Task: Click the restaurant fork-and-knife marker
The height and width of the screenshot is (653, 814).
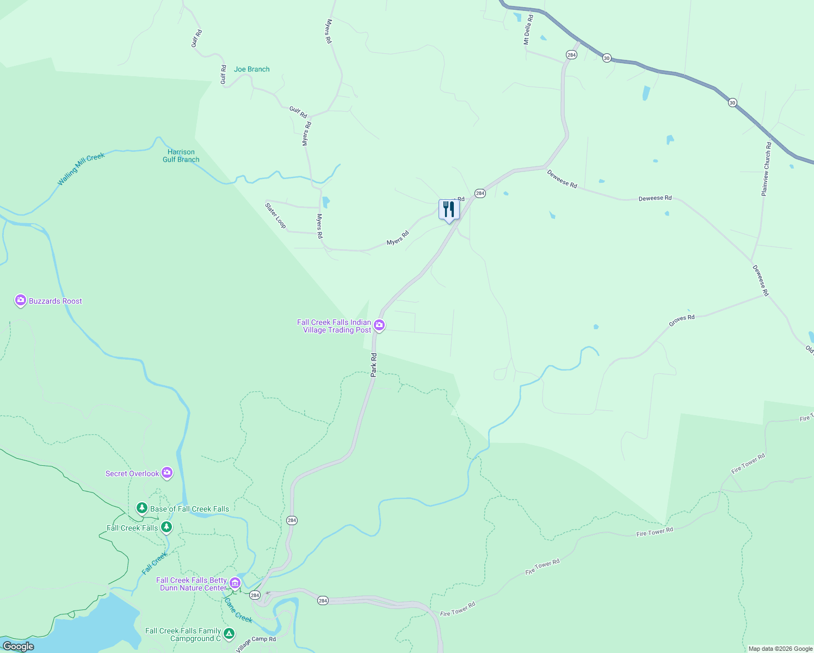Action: point(449,209)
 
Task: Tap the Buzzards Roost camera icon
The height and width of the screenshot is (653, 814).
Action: point(21,300)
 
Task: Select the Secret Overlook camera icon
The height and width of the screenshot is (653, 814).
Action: point(167,473)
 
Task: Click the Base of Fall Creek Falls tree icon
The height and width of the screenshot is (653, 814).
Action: point(142,508)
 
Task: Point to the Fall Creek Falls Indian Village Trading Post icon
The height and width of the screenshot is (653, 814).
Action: point(379,325)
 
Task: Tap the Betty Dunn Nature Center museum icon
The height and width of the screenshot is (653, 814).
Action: point(235,583)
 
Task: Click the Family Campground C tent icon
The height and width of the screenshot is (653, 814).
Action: point(229,633)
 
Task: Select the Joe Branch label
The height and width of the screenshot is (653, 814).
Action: point(251,69)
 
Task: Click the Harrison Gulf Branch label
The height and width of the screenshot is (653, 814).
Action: point(181,156)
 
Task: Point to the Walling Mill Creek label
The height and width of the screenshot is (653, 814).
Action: point(81,169)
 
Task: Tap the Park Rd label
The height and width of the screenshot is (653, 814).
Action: point(374,365)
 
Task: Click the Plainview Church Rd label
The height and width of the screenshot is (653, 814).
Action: point(766,169)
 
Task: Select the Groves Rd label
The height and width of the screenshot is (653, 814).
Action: point(681,321)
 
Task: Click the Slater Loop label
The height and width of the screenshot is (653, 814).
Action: point(275,215)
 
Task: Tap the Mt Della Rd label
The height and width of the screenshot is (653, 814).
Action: point(528,29)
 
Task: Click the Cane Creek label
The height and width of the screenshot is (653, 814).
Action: point(238,610)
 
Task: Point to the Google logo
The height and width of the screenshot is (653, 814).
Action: point(18,646)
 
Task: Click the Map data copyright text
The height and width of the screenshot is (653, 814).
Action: point(780,649)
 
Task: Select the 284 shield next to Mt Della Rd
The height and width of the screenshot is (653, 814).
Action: point(571,55)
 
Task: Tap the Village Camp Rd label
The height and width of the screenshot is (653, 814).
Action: point(256,643)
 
